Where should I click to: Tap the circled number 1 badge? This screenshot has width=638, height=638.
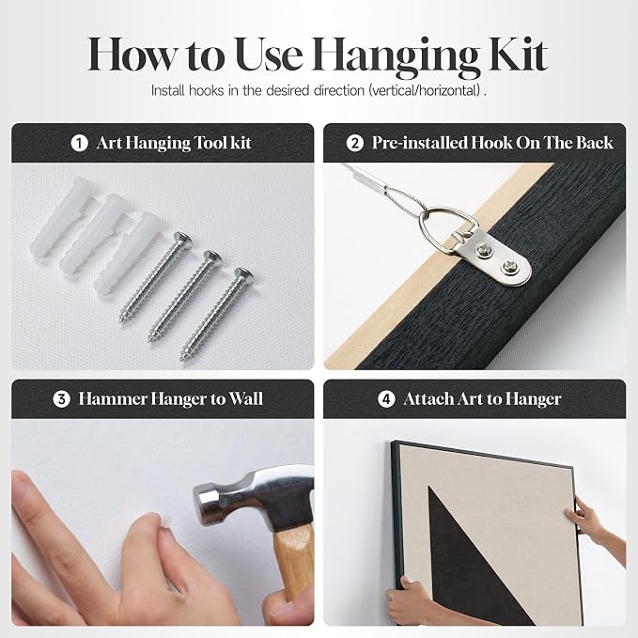click(79, 143)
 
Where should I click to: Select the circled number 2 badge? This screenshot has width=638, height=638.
click(355, 143)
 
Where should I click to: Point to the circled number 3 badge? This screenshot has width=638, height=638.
click(61, 399)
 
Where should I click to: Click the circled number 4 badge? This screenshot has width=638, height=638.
click(386, 399)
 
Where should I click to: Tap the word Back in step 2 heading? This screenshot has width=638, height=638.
click(595, 143)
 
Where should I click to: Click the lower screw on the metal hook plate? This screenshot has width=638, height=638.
click(508, 267)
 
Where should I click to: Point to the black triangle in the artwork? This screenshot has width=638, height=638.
click(468, 557)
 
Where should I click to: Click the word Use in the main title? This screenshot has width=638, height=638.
click(269, 54)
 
